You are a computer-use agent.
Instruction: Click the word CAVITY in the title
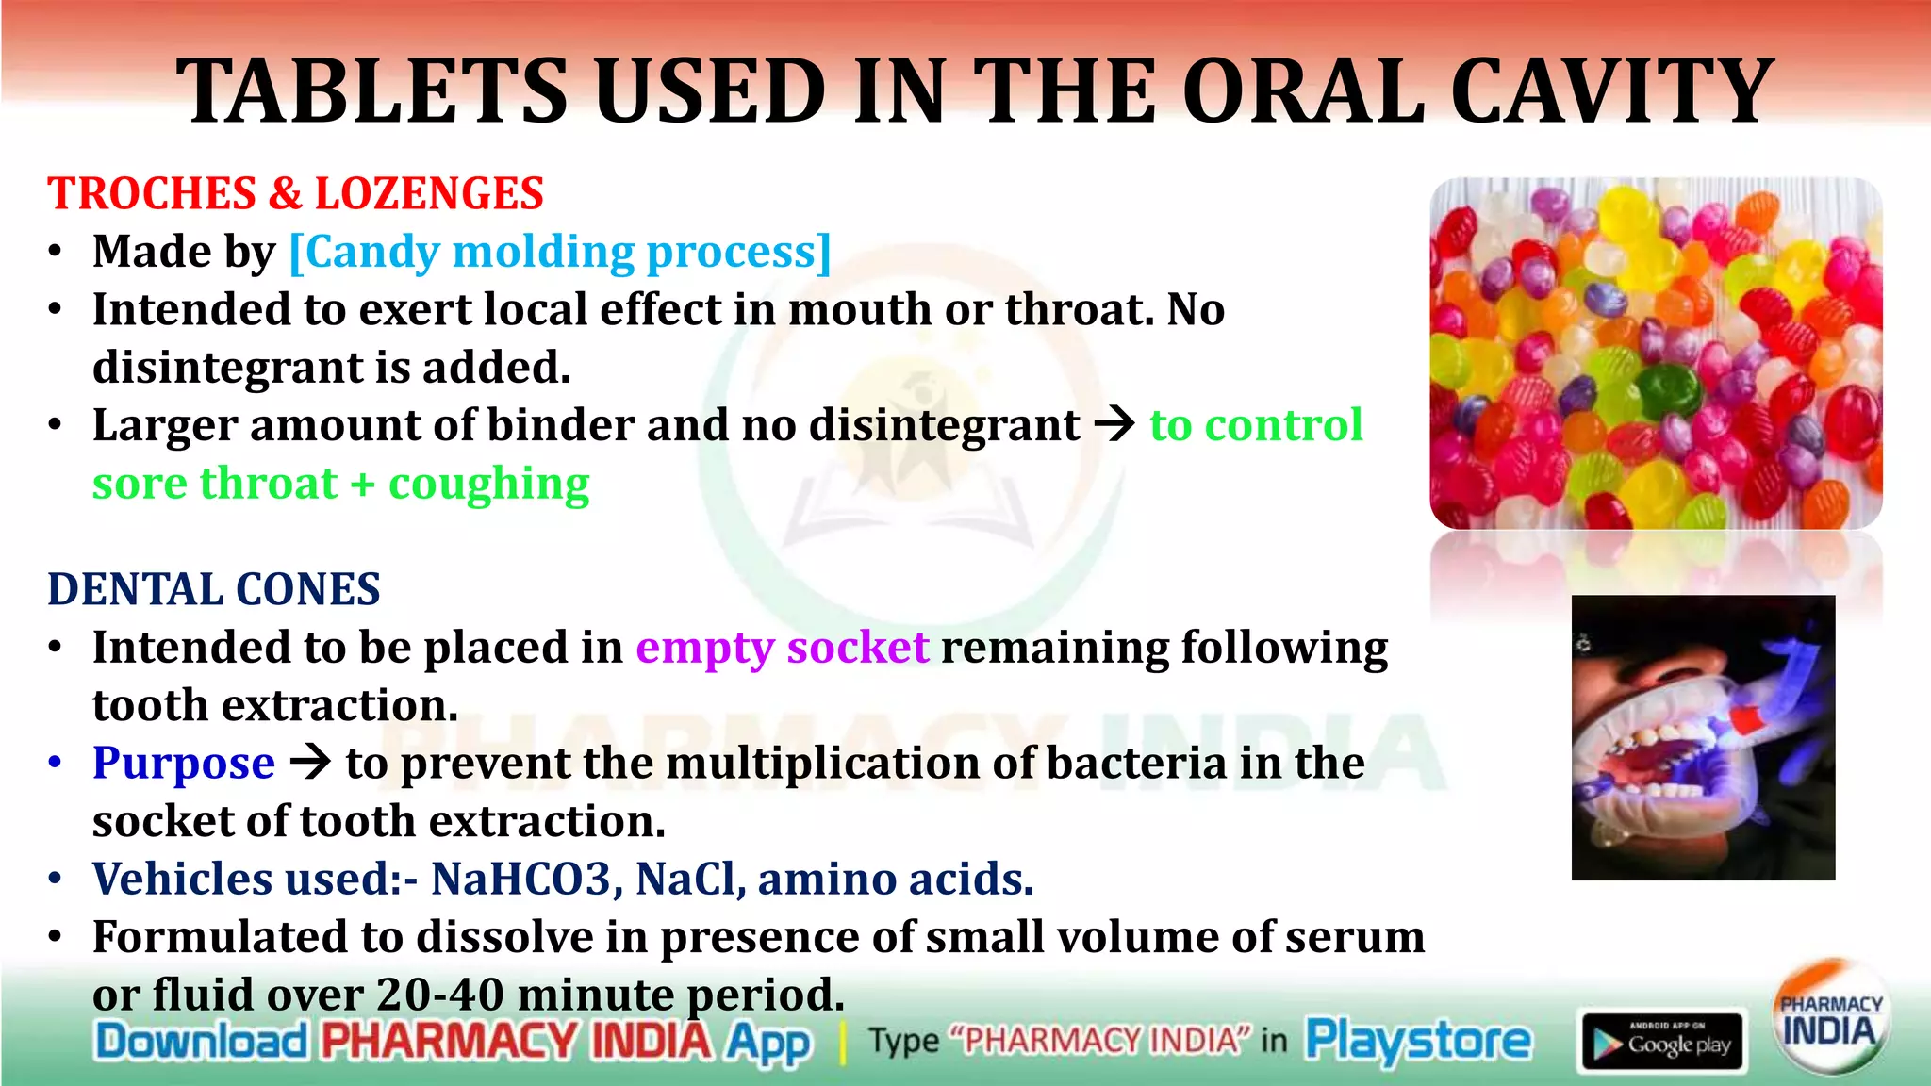coord(1612,91)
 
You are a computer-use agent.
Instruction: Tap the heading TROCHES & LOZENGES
coord(295,193)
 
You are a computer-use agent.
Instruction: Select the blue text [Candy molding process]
coord(560,252)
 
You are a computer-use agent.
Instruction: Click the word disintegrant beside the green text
coord(944,425)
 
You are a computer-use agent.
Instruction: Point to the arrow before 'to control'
coord(1114,424)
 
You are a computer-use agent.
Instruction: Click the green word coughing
coord(488,484)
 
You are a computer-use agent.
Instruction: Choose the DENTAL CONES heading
coord(214,589)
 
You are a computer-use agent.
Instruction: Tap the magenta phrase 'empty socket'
coord(782,648)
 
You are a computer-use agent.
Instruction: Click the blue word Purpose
coord(184,763)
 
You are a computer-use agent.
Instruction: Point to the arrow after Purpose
coord(310,762)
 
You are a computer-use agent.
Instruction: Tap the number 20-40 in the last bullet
coord(439,995)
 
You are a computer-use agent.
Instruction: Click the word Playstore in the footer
coord(1418,1041)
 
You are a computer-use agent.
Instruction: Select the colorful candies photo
coord(1656,353)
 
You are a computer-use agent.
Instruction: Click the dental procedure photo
coord(1703,737)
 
